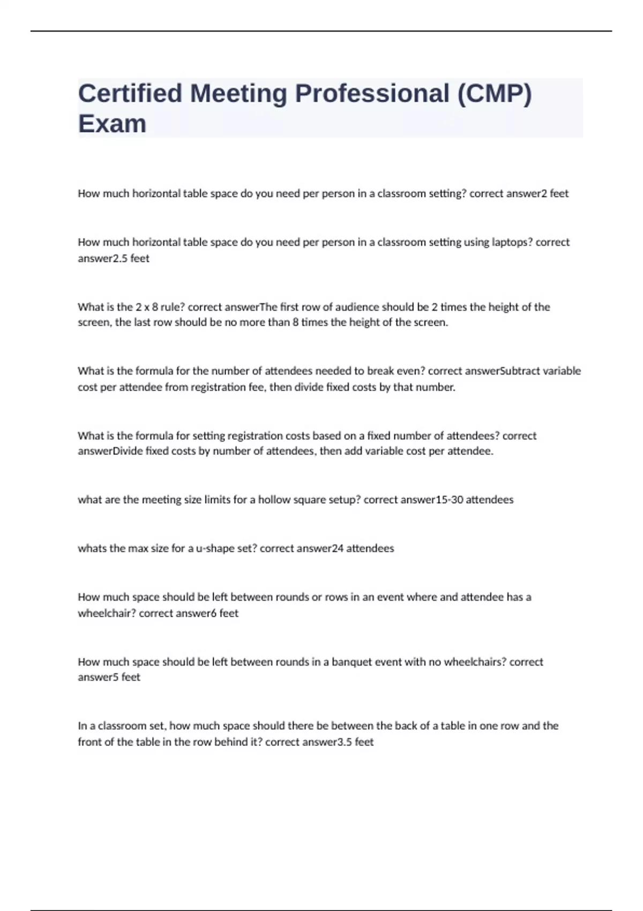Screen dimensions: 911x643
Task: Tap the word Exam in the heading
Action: pyautogui.click(x=112, y=124)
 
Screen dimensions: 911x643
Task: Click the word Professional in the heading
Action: pyautogui.click(x=372, y=93)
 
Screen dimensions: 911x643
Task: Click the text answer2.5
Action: pyautogui.click(x=102, y=258)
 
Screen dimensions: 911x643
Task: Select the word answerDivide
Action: pyautogui.click(x=110, y=451)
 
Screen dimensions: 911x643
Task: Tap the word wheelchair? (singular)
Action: pyautogui.click(x=107, y=613)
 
